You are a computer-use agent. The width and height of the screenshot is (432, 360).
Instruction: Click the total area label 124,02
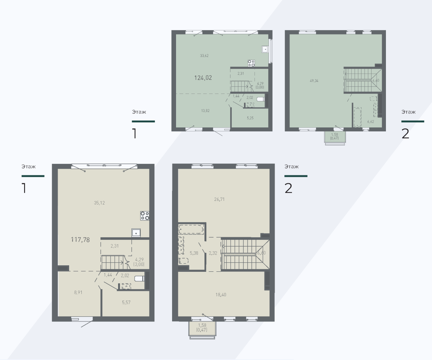[203, 78]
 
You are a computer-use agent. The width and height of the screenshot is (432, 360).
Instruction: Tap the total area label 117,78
[80, 240]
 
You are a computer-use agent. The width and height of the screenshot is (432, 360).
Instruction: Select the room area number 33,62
[204, 55]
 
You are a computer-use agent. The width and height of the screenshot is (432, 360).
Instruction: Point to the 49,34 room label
[314, 81]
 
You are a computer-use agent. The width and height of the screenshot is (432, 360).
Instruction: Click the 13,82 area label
[205, 111]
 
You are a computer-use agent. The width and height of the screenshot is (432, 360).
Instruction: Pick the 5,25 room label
[250, 118]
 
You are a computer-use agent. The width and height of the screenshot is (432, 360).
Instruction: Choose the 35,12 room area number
[99, 203]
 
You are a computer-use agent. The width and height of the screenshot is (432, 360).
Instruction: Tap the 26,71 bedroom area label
[219, 199]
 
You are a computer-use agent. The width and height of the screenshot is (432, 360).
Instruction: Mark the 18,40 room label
[221, 294]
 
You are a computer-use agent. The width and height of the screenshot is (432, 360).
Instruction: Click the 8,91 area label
[78, 292]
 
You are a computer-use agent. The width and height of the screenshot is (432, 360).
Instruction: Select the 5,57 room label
[126, 302]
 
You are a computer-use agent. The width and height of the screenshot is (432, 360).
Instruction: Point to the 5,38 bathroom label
[194, 253]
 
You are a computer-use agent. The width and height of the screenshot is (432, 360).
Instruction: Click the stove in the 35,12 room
[145, 216]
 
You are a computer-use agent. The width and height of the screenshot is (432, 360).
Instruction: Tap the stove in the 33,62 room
[251, 63]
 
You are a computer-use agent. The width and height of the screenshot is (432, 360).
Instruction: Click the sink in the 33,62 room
[265, 49]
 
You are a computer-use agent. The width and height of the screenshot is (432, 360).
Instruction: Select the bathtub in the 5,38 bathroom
[191, 229]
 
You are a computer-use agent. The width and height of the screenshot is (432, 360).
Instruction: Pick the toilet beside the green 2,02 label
[261, 99]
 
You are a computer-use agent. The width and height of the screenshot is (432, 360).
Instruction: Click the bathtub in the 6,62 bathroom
[357, 117]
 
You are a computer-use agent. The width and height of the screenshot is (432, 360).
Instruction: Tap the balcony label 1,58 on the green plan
[334, 135]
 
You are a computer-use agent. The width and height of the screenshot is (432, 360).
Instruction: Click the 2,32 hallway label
[213, 253]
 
